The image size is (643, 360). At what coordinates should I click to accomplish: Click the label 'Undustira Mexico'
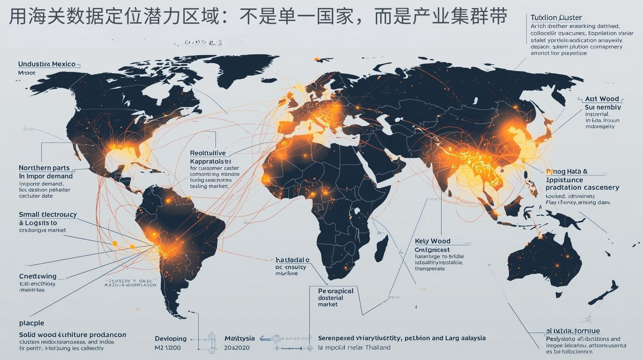pyautogui.click(x=47, y=64)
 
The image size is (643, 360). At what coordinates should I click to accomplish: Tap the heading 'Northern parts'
pyautogui.click(x=44, y=168)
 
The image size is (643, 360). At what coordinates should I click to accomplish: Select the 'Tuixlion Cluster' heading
pyautogui.click(x=556, y=18)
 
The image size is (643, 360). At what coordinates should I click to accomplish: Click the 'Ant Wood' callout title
pyautogui.click(x=602, y=99)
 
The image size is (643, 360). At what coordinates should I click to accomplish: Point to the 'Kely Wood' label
pyautogui.click(x=432, y=241)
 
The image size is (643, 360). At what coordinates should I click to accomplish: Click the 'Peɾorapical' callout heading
pyautogui.click(x=336, y=291)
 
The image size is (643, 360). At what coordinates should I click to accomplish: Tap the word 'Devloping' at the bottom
pyautogui.click(x=170, y=339)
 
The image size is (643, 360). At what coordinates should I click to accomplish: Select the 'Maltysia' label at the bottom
pyautogui.click(x=240, y=339)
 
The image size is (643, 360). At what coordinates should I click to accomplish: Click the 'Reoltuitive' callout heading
pyautogui.click(x=208, y=153)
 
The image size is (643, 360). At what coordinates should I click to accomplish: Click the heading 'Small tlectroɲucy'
pyautogui.click(x=47, y=215)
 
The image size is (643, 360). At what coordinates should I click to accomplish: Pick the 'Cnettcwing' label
pyautogui.click(x=38, y=276)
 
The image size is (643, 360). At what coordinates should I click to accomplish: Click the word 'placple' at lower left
pyautogui.click(x=31, y=323)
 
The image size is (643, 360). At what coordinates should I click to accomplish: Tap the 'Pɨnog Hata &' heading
pyautogui.click(x=567, y=172)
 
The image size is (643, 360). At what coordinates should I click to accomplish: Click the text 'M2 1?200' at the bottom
pyautogui.click(x=168, y=348)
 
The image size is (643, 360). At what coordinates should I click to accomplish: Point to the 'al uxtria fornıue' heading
pyautogui.click(x=572, y=331)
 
